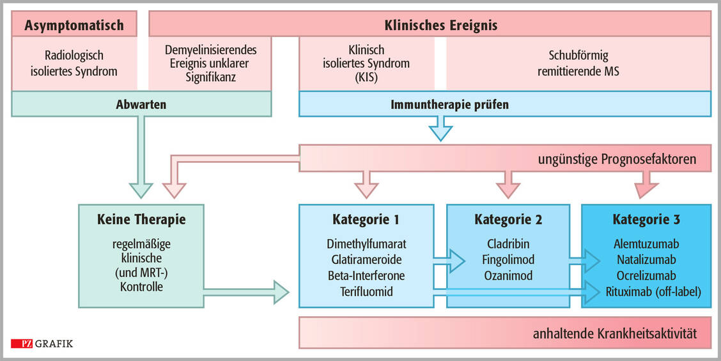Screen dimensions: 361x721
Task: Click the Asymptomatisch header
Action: click(74, 26)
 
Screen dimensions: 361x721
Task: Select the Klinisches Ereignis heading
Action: click(440, 26)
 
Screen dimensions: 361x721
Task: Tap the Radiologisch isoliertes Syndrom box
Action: click(74, 63)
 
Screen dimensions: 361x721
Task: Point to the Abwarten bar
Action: click(141, 104)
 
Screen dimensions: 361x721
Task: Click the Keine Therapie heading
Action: click(141, 220)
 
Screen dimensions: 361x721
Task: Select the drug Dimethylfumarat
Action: click(366, 244)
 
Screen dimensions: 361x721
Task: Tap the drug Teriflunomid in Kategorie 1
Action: click(366, 291)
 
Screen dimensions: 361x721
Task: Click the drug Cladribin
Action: click(508, 244)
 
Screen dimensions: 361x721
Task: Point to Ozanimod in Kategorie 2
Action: click(508, 275)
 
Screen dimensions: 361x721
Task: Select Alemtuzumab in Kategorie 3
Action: click(646, 244)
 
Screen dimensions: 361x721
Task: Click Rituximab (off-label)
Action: click(646, 291)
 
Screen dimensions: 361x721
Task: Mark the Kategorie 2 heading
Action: click(508, 220)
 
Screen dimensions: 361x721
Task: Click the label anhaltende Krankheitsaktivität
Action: click(614, 334)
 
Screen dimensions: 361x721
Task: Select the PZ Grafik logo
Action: click(42, 344)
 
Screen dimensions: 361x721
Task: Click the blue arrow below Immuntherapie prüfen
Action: click(440, 130)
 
